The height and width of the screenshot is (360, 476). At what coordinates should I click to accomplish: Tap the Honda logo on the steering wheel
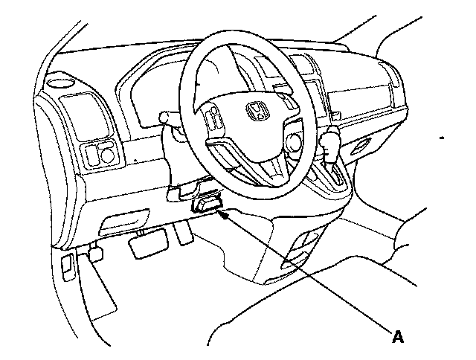pyautogui.click(x=257, y=114)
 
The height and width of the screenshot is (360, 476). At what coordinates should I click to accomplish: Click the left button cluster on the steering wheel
pyautogui.click(x=213, y=119)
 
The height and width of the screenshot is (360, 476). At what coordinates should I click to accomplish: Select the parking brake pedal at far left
pyautogui.click(x=94, y=254)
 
